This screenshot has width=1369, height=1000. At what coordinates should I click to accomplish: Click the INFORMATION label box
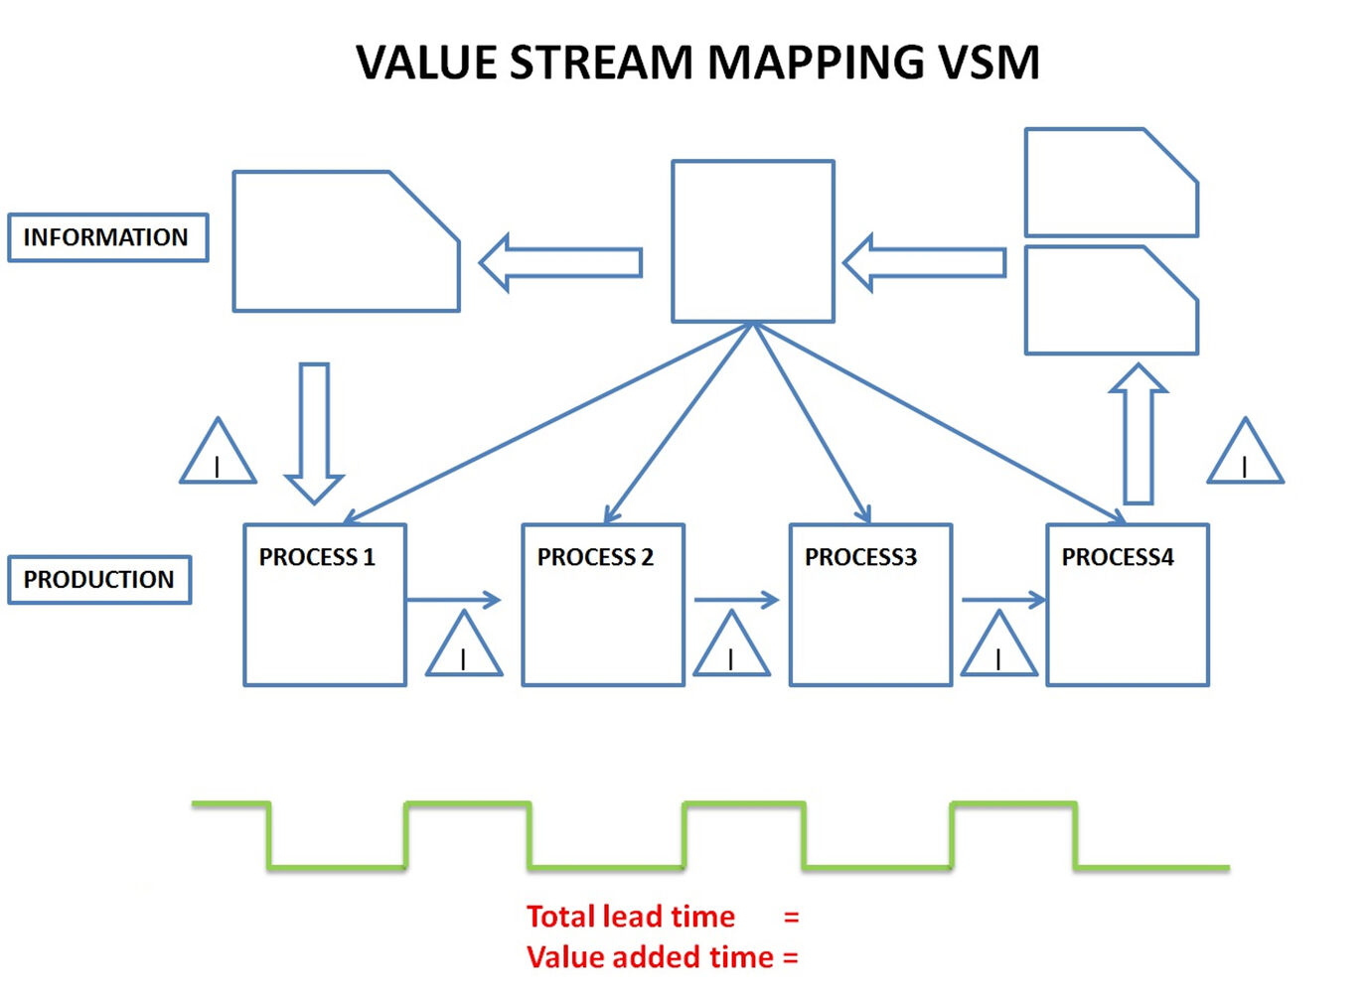[107, 237]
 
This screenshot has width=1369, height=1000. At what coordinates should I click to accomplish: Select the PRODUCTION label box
[99, 580]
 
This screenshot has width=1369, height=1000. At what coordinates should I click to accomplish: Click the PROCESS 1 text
[317, 557]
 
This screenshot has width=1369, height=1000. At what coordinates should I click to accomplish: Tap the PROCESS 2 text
[595, 557]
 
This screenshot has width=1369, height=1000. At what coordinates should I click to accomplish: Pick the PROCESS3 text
[860, 557]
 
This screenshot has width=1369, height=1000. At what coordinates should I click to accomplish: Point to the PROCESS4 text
[1118, 557]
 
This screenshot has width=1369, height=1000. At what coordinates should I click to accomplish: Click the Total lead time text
[631, 916]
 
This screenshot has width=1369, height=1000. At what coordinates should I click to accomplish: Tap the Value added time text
[650, 957]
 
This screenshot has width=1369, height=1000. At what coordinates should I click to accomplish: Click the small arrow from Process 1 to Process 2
[453, 599]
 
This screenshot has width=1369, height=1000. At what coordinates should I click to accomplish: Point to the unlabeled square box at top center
[753, 241]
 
